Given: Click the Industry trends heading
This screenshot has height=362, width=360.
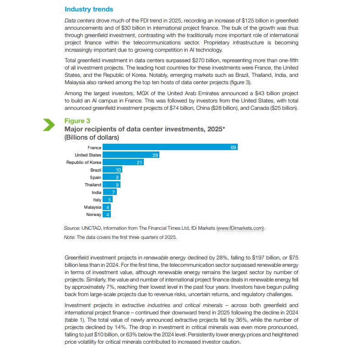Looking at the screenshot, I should point(89,9).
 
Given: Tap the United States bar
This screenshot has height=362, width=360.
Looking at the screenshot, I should point(131,155).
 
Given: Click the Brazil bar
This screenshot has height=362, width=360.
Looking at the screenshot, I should point(112,170).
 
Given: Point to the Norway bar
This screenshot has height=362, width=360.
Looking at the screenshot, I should point(107,215).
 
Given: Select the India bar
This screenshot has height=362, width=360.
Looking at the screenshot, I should point(109,192).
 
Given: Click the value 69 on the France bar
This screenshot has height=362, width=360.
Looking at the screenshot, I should point(234,147).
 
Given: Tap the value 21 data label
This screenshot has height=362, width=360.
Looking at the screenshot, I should point(140,162).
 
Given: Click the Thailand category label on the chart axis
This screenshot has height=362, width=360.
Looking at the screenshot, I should point(93,185).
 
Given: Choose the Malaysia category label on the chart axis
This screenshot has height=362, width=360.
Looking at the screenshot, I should point(93,207).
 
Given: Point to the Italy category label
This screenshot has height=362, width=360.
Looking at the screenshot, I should point(97,200).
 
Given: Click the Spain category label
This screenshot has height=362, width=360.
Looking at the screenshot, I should point(96,178).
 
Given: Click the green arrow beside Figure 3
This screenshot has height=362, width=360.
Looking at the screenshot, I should point(49,124).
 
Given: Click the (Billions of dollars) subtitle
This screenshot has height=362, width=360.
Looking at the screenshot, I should point(92,137).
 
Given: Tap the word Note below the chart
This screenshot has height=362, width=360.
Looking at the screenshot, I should point(69,237).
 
